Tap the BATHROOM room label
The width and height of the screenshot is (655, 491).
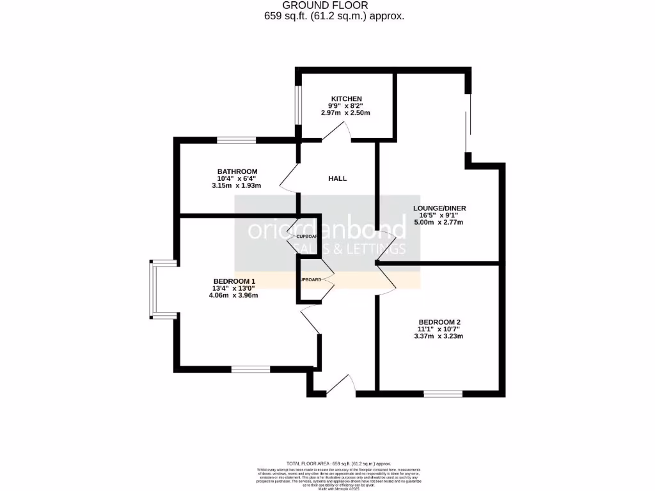237,171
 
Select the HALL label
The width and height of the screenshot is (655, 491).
338,178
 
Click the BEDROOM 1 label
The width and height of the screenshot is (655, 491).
234,281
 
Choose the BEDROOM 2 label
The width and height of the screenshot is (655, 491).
440,322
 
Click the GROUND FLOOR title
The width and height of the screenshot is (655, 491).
334,6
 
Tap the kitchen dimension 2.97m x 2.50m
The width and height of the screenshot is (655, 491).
345,113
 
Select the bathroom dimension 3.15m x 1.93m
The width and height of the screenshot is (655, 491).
237,185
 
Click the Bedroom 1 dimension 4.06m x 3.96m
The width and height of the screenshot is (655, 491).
234,295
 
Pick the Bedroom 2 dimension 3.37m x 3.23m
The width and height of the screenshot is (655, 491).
440,336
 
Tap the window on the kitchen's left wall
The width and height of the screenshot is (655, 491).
298,105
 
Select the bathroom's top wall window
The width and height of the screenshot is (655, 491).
236,139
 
